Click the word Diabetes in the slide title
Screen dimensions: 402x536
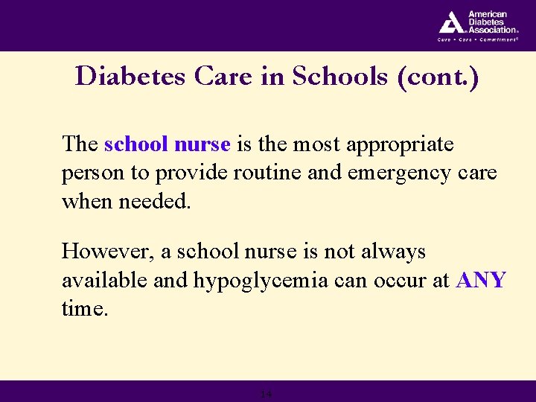125,77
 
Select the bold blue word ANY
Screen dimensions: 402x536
480,281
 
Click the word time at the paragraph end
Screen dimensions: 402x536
84,309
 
